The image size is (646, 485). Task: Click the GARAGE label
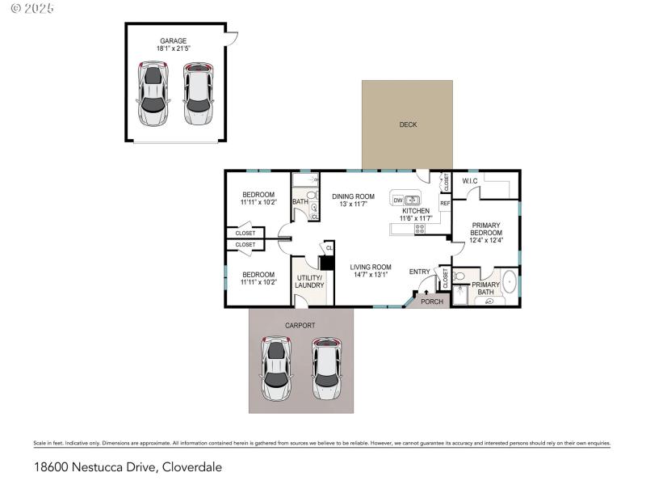pyautogui.click(x=173, y=40)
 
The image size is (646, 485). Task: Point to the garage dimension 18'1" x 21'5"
pyautogui.click(x=173, y=48)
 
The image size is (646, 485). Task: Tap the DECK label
pyautogui.click(x=407, y=124)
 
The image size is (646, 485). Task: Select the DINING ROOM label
pyautogui.click(x=353, y=196)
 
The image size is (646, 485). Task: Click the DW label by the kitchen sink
pyautogui.click(x=398, y=200)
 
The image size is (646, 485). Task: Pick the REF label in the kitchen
pyautogui.click(x=444, y=204)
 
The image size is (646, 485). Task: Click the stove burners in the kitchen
pyautogui.click(x=419, y=229)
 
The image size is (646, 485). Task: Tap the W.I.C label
pyautogui.click(x=469, y=180)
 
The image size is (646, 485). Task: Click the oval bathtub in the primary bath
pyautogui.click(x=510, y=282)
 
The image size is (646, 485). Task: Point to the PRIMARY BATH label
pyautogui.click(x=485, y=289)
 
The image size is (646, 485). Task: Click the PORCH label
pyautogui.click(x=432, y=302)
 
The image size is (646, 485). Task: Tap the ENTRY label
pyautogui.click(x=420, y=272)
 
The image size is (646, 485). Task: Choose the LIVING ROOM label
pyautogui.click(x=370, y=268)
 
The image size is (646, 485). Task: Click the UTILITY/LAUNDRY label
pyautogui.click(x=308, y=281)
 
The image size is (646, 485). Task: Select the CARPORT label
pyautogui.click(x=300, y=325)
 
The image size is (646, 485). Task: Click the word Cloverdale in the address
pyautogui.click(x=191, y=467)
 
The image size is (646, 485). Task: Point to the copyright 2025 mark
pyautogui.click(x=28, y=8)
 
